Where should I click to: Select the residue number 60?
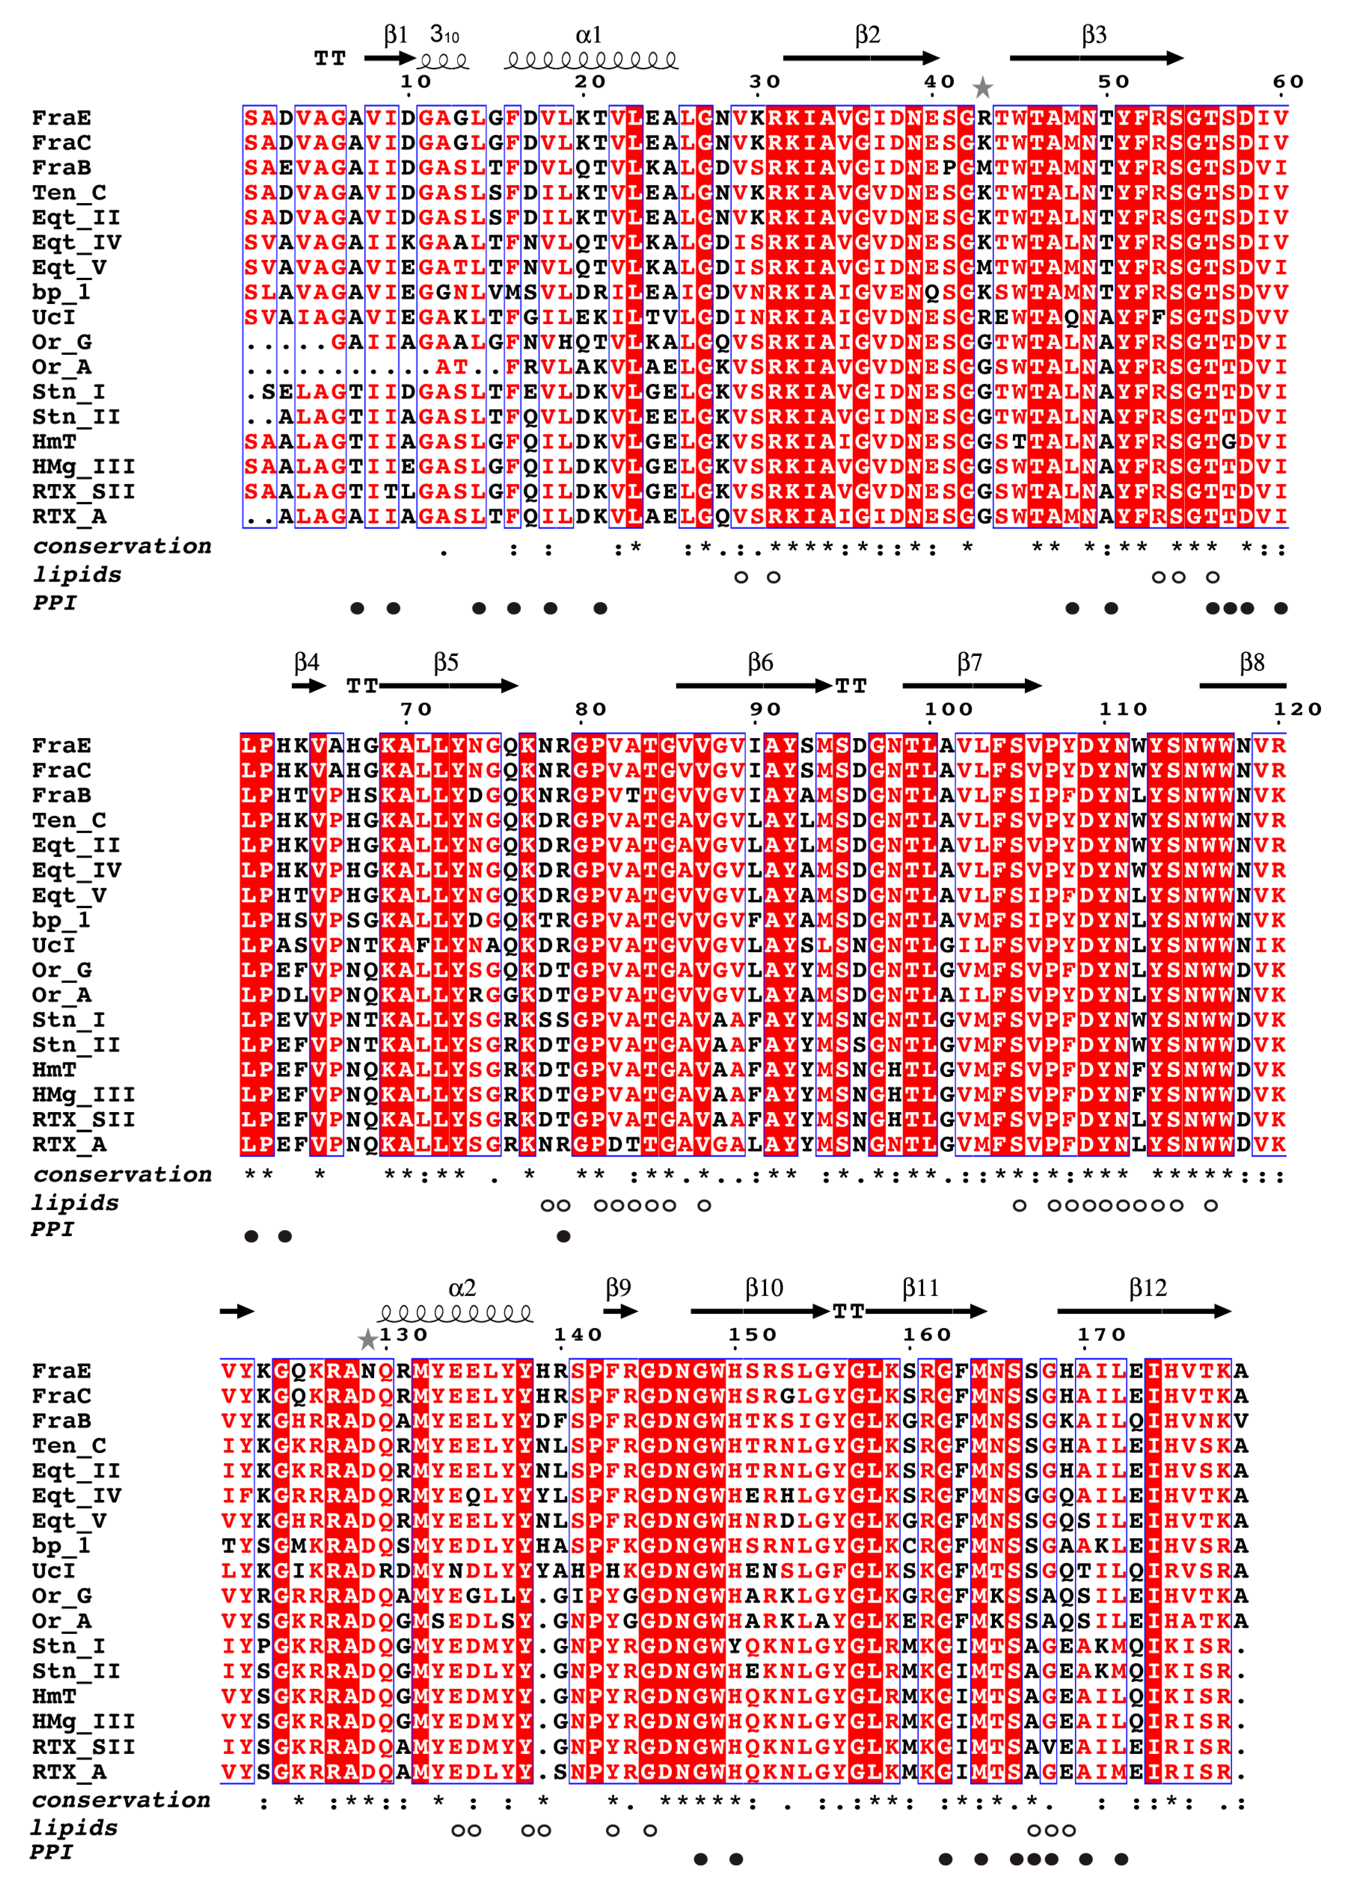click(x=1288, y=82)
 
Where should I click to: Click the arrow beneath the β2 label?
click(x=861, y=58)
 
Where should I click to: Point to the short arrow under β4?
click(x=308, y=686)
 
